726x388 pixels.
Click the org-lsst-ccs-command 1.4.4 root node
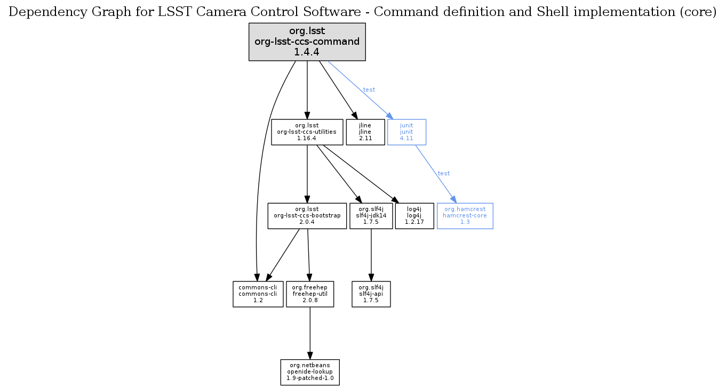[x=307, y=42]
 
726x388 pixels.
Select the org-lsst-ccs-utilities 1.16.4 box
[x=307, y=132]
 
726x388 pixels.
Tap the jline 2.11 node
[x=365, y=132]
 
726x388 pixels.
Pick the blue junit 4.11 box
[x=406, y=132]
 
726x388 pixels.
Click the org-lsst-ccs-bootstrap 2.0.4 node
[x=307, y=216]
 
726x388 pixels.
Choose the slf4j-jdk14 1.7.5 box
[x=371, y=216]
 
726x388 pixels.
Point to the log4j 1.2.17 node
[x=414, y=216]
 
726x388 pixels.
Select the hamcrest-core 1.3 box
[x=465, y=216]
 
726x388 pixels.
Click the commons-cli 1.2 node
[x=258, y=294]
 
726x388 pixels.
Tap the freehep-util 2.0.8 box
[x=310, y=294]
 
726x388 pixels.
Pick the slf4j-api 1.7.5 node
[x=371, y=294]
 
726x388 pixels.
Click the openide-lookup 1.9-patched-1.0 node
[x=310, y=371]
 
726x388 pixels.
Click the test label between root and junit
[x=369, y=90]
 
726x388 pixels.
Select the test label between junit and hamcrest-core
[x=444, y=173]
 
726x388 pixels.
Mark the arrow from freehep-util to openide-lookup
[x=310, y=333]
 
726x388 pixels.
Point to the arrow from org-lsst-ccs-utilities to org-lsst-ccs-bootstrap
[x=307, y=174]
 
